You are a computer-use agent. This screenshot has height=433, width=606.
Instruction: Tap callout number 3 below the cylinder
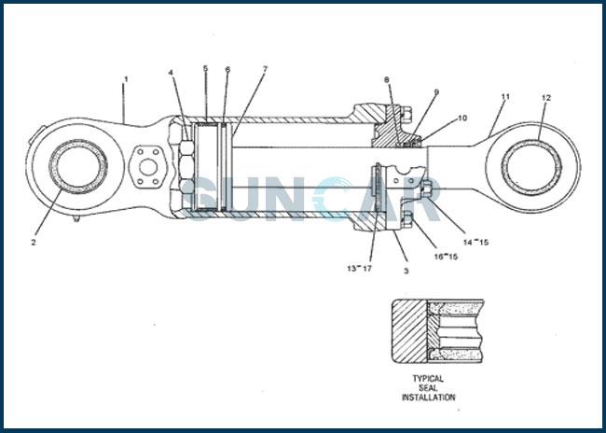406,271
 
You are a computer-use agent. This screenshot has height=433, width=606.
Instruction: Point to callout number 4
171,72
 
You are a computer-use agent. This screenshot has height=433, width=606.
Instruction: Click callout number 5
205,69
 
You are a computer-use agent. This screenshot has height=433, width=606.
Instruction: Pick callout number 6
227,69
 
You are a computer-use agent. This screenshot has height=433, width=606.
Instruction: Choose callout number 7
265,69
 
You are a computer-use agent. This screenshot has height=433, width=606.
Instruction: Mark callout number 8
386,79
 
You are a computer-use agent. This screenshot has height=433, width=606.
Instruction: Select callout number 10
462,118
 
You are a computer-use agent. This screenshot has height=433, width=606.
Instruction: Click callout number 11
505,96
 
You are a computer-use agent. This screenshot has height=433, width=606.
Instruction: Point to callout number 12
546,98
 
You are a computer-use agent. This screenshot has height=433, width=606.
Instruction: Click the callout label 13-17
359,268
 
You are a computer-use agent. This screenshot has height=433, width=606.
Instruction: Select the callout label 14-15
475,242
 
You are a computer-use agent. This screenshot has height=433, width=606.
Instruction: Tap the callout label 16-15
446,255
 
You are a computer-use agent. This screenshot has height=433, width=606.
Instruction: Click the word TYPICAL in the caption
429,379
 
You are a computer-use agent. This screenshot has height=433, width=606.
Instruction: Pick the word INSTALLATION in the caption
429,398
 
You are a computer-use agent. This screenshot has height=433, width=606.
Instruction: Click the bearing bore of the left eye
78,167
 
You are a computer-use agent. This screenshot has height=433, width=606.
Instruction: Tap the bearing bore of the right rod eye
531,167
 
